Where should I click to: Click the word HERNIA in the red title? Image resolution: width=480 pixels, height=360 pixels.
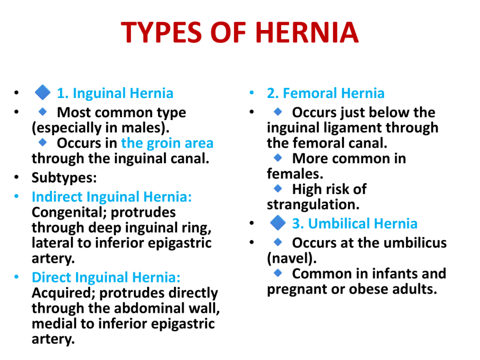tap(307, 32)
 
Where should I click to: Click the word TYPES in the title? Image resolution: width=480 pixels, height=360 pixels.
tap(161, 32)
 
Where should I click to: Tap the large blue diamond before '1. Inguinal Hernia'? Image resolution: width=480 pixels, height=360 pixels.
tap(43, 92)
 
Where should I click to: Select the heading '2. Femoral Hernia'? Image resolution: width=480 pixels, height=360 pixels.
tap(325, 93)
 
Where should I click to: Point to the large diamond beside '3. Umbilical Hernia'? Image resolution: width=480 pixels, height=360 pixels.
tap(278, 223)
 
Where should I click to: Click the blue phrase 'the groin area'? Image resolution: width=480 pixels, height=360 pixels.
tap(167, 143)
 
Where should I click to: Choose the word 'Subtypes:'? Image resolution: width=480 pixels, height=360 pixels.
tap(64, 178)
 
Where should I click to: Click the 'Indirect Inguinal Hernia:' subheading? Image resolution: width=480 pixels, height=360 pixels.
tap(112, 196)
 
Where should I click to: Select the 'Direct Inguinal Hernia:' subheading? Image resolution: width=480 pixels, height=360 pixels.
tap(106, 277)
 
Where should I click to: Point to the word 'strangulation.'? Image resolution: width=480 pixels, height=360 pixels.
tap(313, 204)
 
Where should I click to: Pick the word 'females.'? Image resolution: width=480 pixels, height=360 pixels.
tap(295, 173)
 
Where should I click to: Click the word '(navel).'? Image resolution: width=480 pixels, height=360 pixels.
tap(292, 258)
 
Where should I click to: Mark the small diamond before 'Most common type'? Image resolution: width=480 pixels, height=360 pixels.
tap(43, 112)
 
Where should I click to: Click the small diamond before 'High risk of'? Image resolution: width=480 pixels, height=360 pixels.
tap(278, 188)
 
